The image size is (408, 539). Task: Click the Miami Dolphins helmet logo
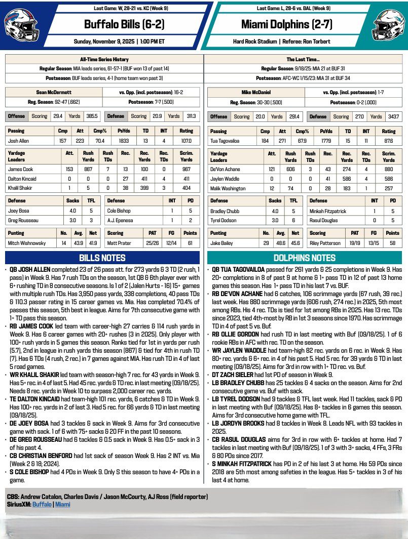pos(388,23)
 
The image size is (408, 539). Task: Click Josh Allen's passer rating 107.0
pos(187,140)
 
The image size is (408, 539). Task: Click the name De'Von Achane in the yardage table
pos(224,169)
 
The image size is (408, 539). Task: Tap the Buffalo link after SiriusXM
pos(43,504)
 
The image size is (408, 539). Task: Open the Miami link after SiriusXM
pos(63,504)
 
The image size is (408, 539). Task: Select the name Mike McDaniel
pos(256,93)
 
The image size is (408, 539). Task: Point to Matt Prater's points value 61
pos(190,243)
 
